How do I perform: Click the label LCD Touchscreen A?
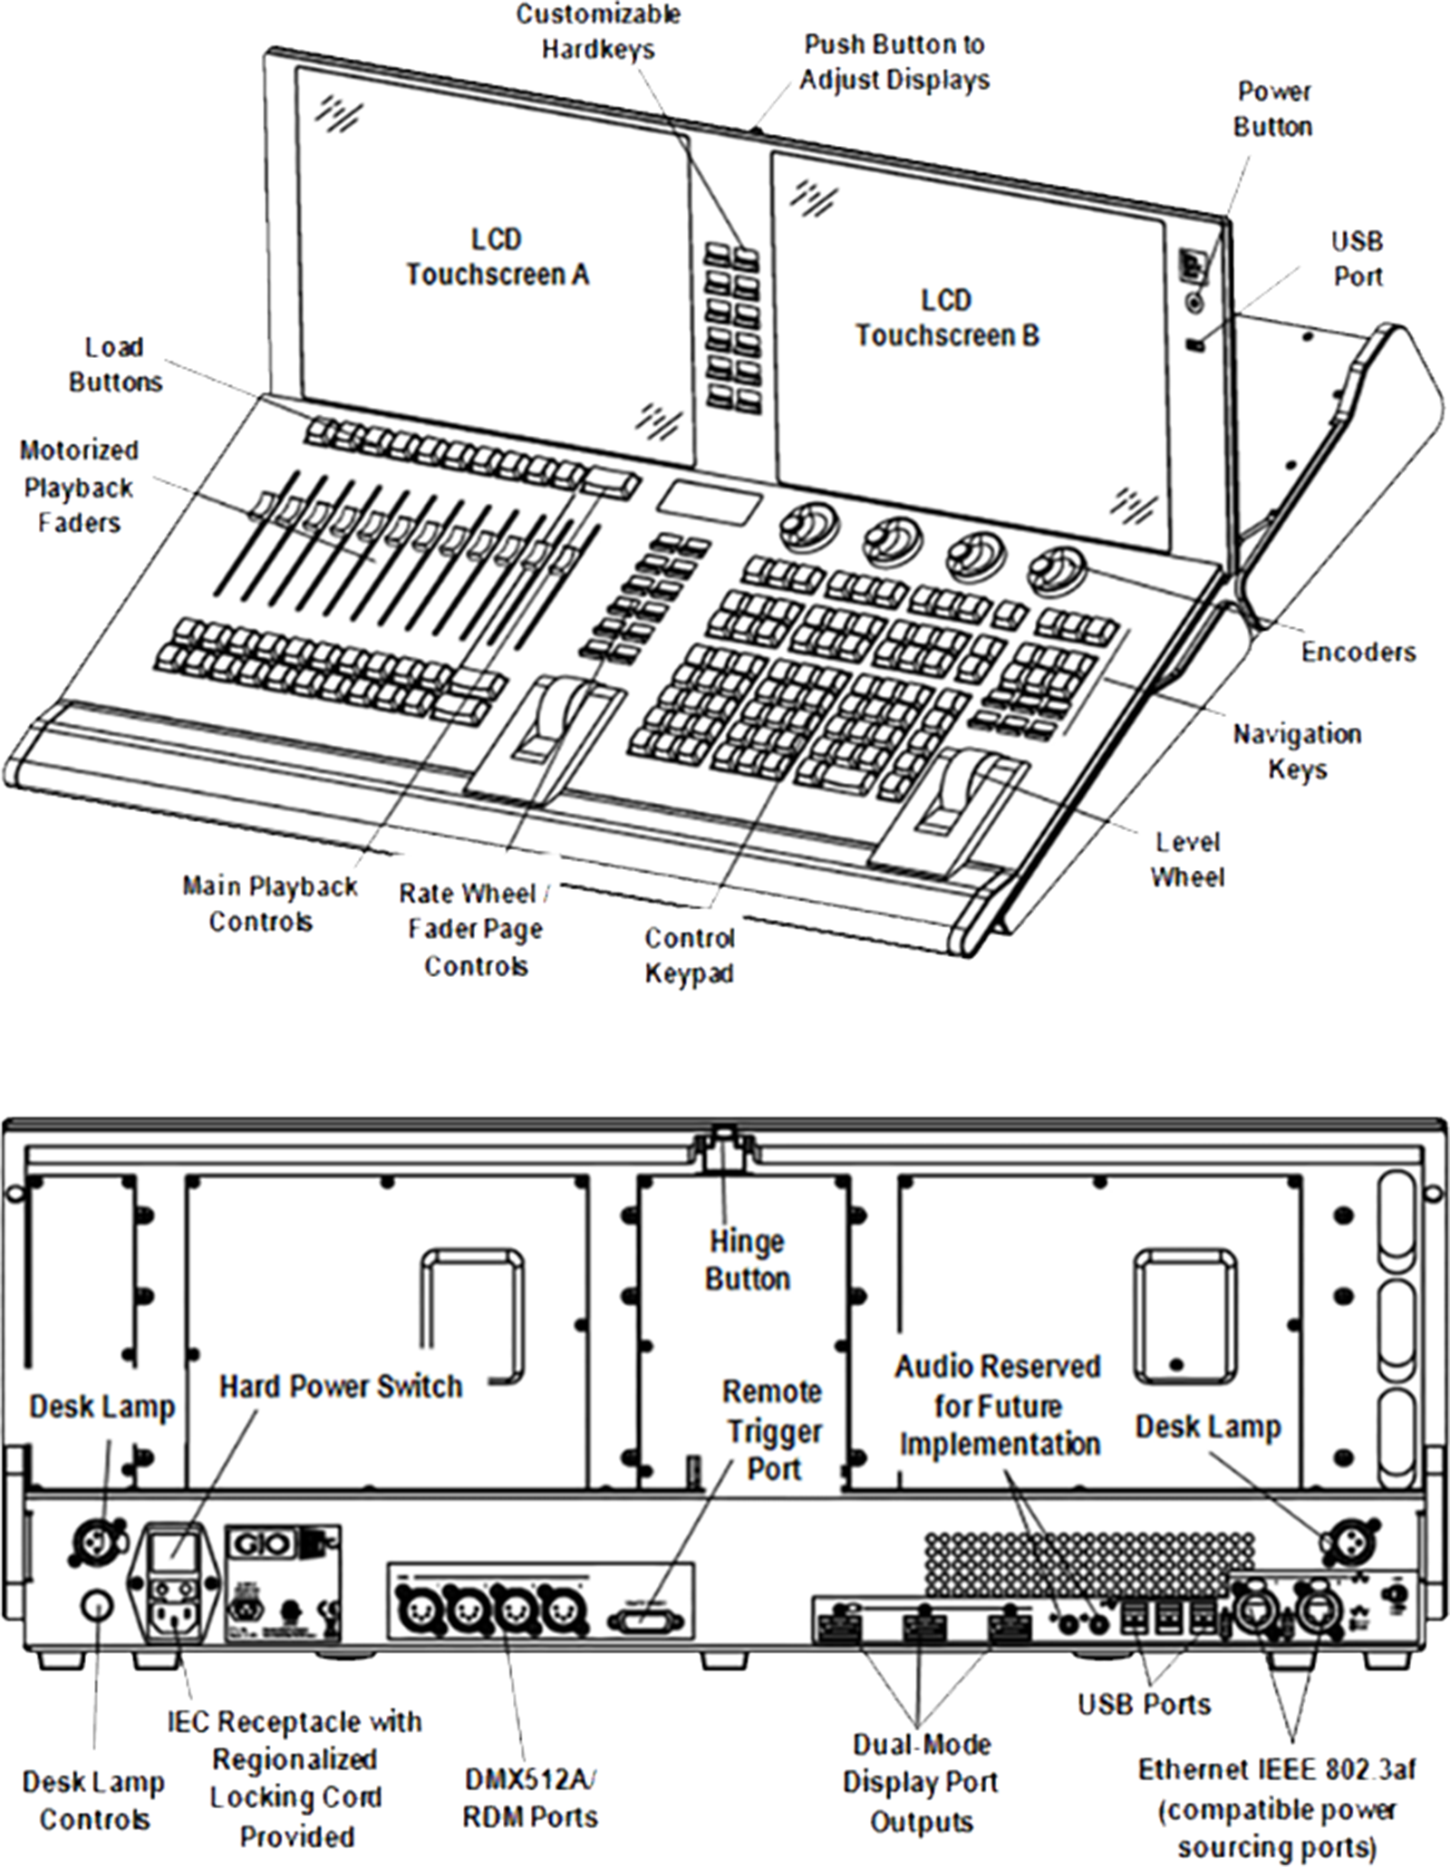click(x=497, y=256)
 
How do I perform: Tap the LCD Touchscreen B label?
click(x=947, y=317)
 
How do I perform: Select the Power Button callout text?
click(x=1273, y=109)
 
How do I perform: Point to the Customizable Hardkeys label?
click(x=598, y=31)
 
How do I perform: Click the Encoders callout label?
click(x=1358, y=651)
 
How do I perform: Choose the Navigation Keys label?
click(x=1297, y=751)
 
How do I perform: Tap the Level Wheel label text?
click(x=1187, y=859)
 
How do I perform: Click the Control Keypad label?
click(x=689, y=955)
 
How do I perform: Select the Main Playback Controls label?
click(x=270, y=904)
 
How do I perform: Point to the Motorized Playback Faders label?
click(x=79, y=487)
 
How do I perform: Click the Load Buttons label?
click(x=115, y=364)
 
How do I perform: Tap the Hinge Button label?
click(x=748, y=1260)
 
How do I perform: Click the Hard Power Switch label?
click(x=341, y=1386)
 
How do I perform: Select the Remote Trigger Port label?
click(x=773, y=1430)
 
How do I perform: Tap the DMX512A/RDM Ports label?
click(x=530, y=1798)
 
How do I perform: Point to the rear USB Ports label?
click(x=1144, y=1704)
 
